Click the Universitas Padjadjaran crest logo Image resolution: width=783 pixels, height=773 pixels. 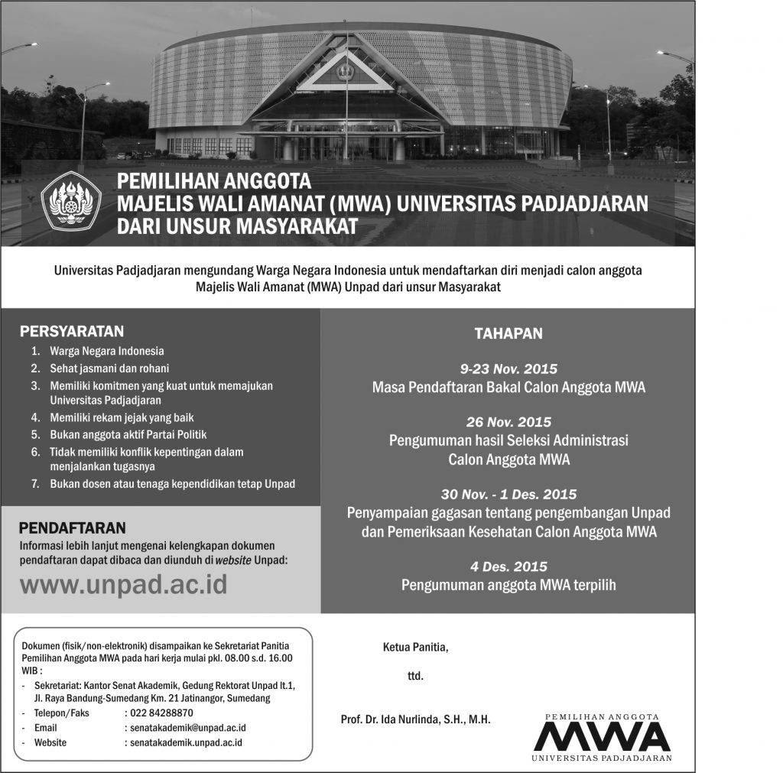71,200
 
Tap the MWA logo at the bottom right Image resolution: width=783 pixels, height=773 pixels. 603,737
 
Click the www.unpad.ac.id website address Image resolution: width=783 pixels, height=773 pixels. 123,584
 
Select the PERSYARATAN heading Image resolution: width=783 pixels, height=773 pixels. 72,331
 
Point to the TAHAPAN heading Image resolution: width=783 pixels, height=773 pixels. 508,333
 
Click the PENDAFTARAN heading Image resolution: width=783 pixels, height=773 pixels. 73,528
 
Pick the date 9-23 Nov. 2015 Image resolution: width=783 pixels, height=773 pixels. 508,369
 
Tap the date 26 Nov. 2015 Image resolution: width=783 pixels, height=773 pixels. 508,422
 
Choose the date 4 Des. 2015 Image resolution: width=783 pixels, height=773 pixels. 508,567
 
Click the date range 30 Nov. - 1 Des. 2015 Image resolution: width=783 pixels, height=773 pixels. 508,494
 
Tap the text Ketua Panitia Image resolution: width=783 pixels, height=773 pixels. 415,648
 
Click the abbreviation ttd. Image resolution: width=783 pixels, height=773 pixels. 415,676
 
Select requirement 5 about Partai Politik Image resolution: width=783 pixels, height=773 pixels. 128,434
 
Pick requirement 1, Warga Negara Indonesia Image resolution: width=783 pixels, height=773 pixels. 106,352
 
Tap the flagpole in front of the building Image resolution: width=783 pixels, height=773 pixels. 346,99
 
